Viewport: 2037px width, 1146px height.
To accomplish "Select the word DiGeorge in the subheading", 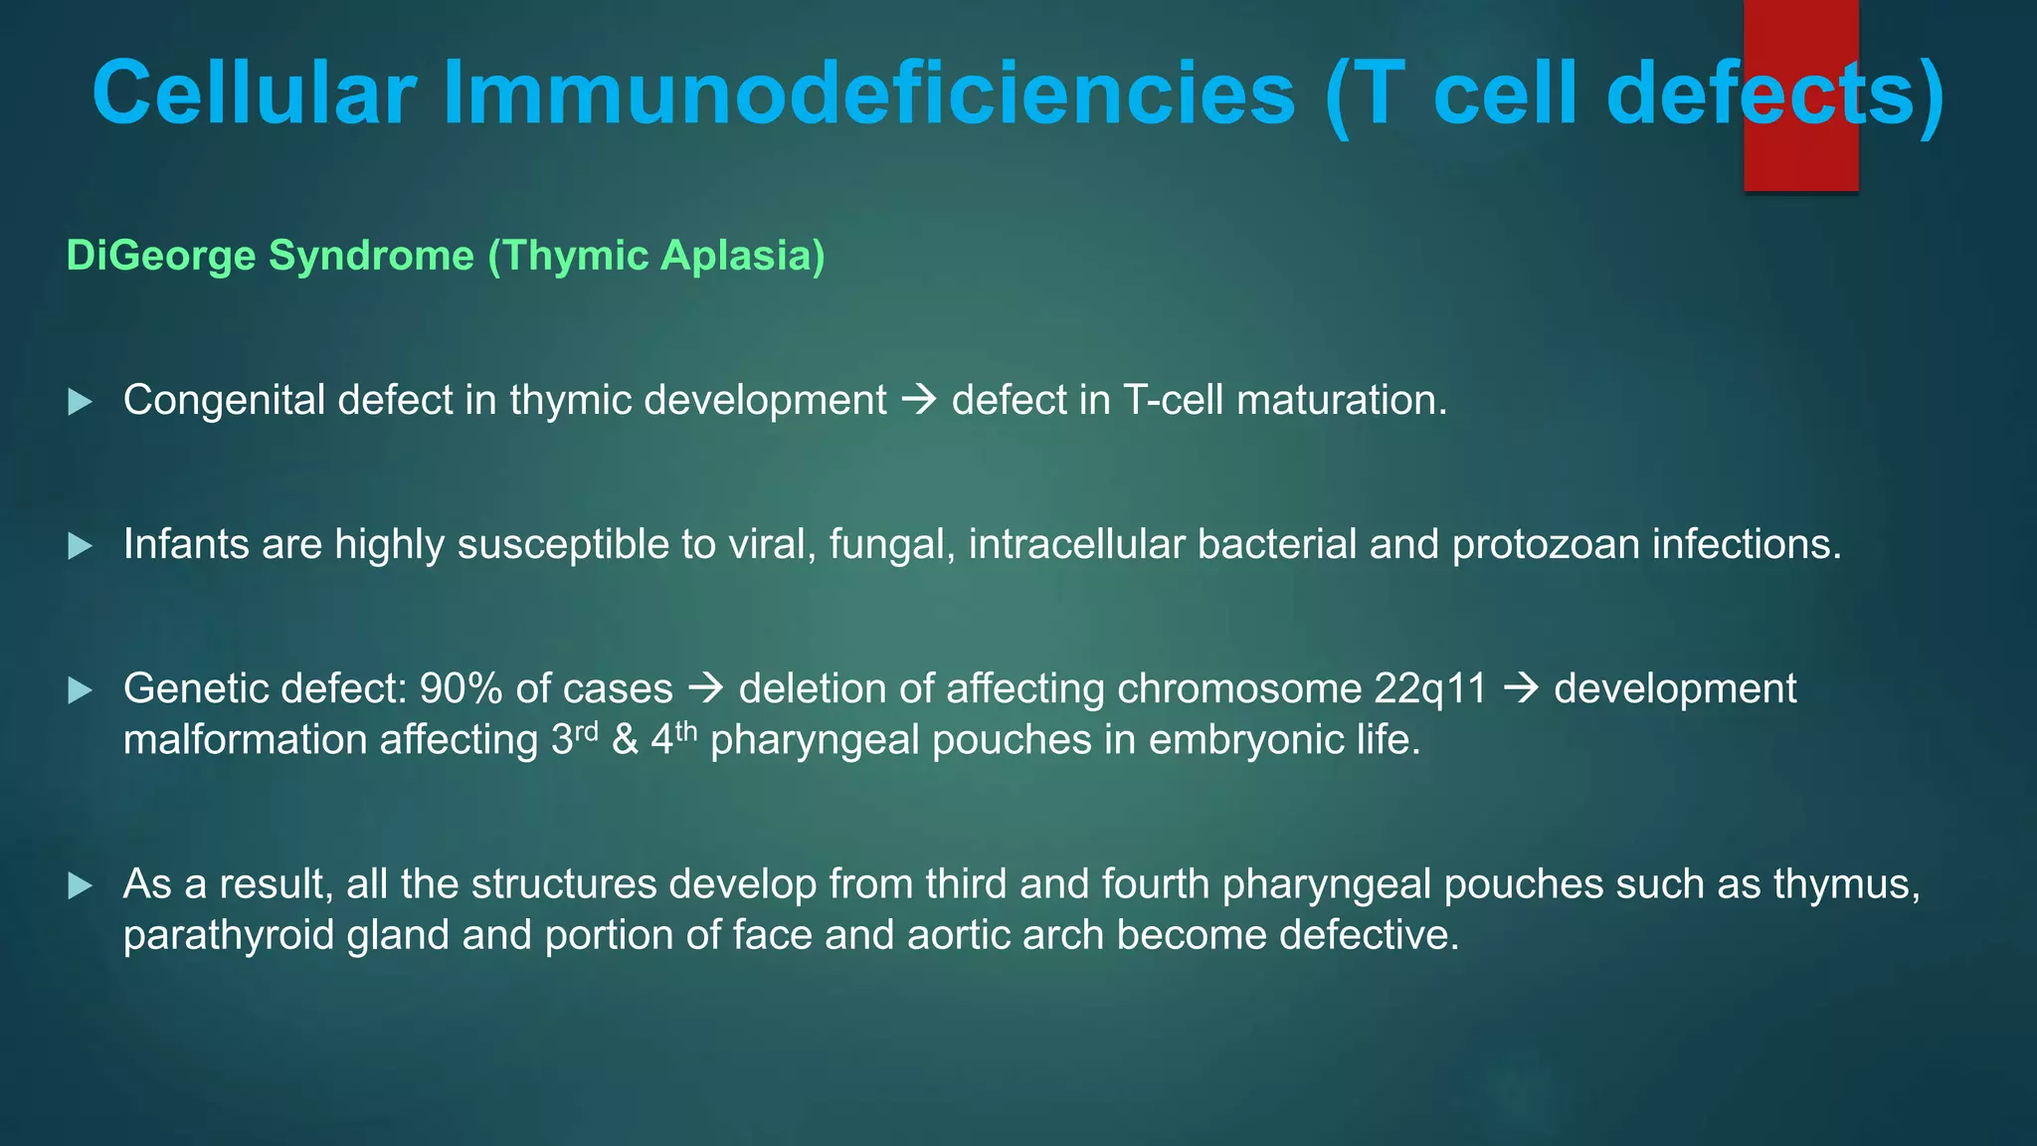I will tap(161, 256).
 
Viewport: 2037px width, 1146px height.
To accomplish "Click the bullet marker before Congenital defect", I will tap(80, 402).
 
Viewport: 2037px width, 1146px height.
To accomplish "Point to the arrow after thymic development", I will tap(919, 401).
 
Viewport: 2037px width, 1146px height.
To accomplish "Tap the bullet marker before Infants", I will tap(80, 546).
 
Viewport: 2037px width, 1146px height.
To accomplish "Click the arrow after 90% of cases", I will tap(706, 688).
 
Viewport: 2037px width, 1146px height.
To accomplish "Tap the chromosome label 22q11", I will tap(1430, 688).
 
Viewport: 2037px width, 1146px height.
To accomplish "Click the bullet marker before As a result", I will tap(80, 885).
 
